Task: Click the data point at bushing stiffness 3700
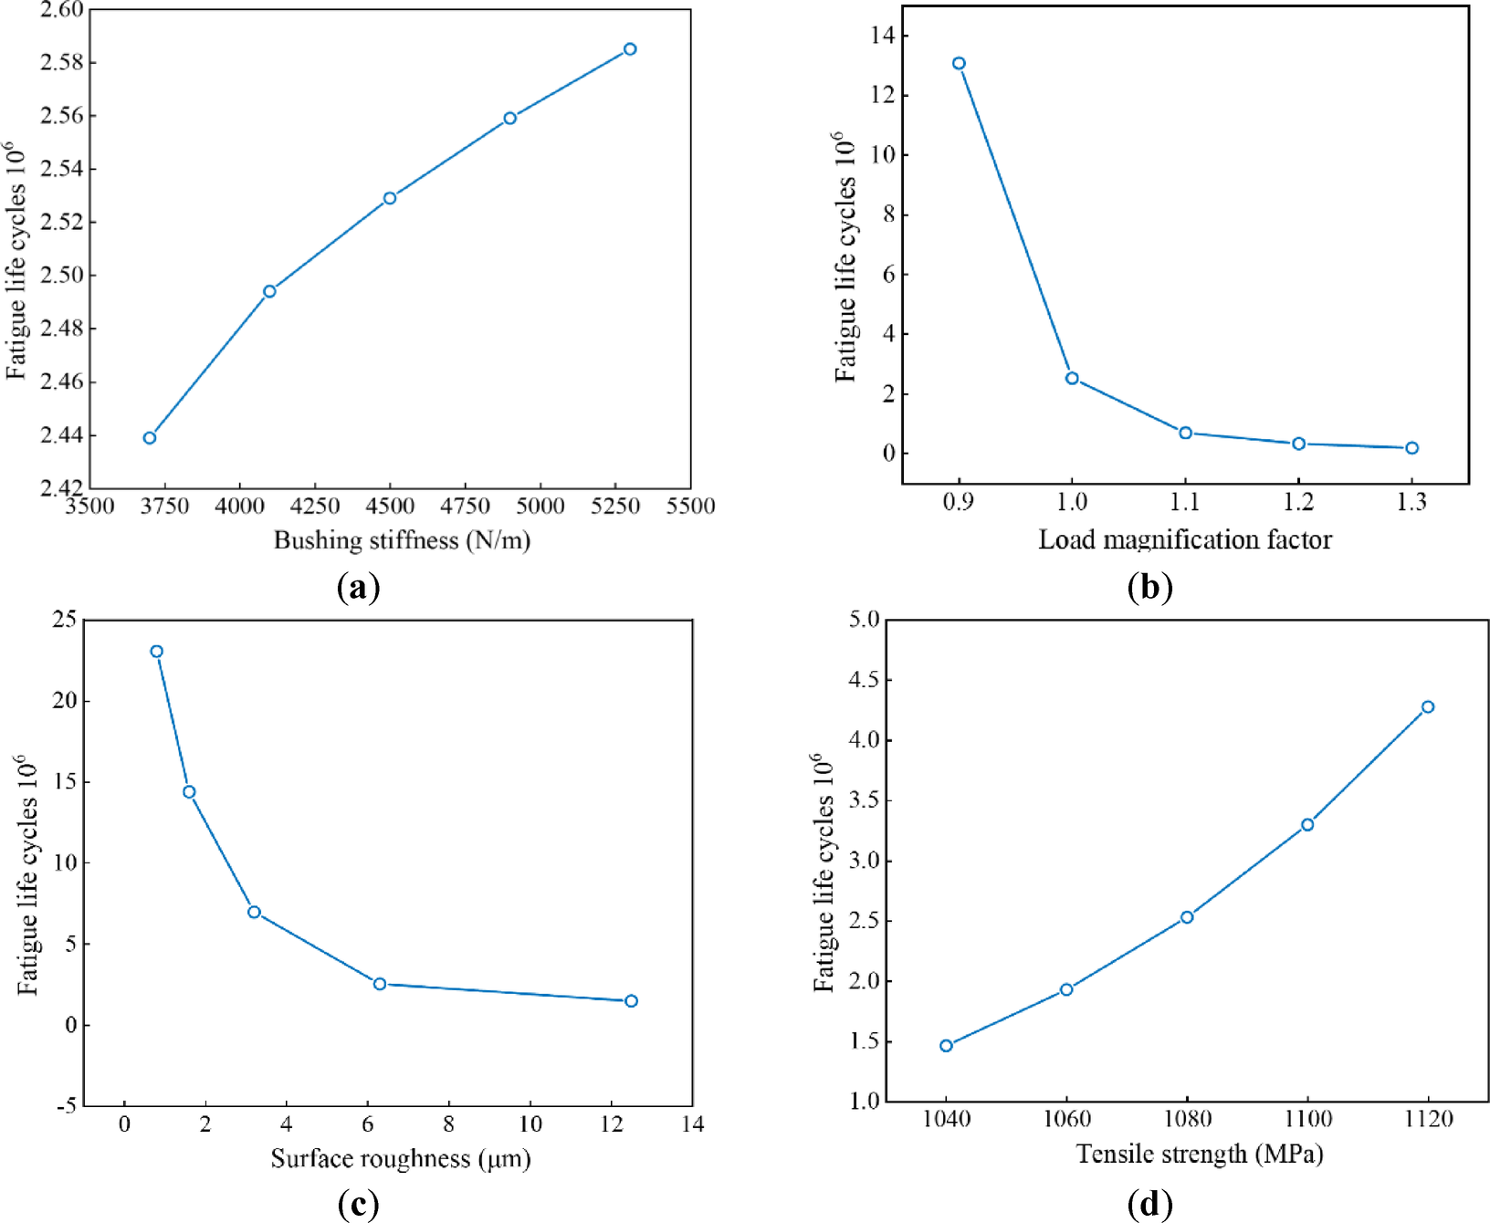coord(150,438)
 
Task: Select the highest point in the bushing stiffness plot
coord(630,49)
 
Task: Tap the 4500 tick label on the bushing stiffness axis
coord(390,507)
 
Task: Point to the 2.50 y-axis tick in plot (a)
coord(61,275)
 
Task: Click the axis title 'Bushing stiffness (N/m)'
coord(402,540)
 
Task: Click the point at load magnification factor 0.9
coord(959,64)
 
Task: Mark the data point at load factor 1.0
coord(1072,378)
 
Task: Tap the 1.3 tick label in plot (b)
coord(1411,502)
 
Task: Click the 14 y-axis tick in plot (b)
coord(883,36)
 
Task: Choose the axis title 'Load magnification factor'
coord(1185,540)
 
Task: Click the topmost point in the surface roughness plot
coord(157,652)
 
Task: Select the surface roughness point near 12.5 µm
coord(631,1001)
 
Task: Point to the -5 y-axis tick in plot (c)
coord(67,1106)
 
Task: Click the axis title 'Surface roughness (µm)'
coord(401,1159)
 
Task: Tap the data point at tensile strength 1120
coord(1428,707)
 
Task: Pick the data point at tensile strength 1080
coord(1187,917)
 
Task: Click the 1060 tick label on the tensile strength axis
coord(1066,1119)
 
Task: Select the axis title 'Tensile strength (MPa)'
coord(1200,1155)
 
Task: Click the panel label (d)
coord(1150,1205)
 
